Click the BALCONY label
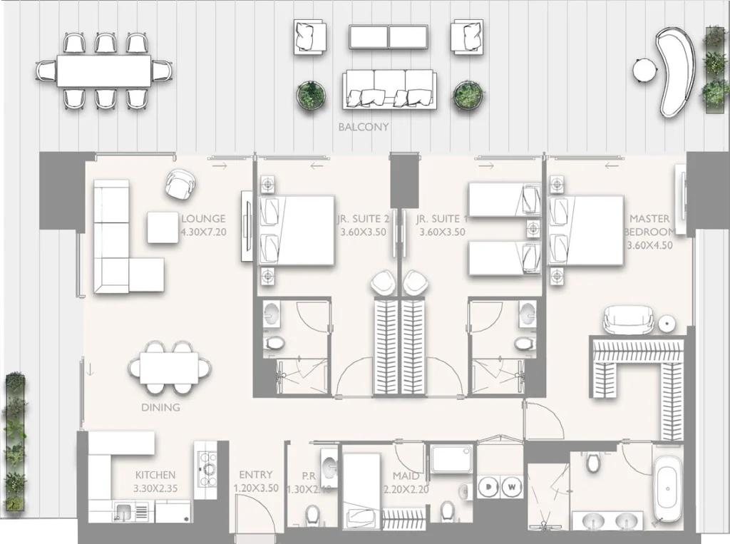click(x=364, y=127)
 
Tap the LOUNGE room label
click(x=203, y=219)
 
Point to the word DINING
click(x=160, y=408)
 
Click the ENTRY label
click(x=255, y=475)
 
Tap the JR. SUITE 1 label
click(x=442, y=219)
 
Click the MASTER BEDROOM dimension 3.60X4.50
click(x=649, y=246)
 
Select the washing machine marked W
click(x=512, y=487)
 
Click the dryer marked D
click(x=490, y=487)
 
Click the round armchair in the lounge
click(x=178, y=185)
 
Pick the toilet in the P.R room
click(x=312, y=514)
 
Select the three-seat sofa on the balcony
click(x=388, y=89)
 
